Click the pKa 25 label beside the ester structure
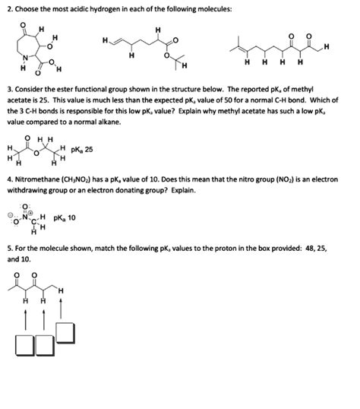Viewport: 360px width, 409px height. [x=81, y=150]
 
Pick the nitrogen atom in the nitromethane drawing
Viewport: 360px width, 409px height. [x=29, y=216]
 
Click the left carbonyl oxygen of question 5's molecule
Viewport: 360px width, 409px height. [x=16, y=274]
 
